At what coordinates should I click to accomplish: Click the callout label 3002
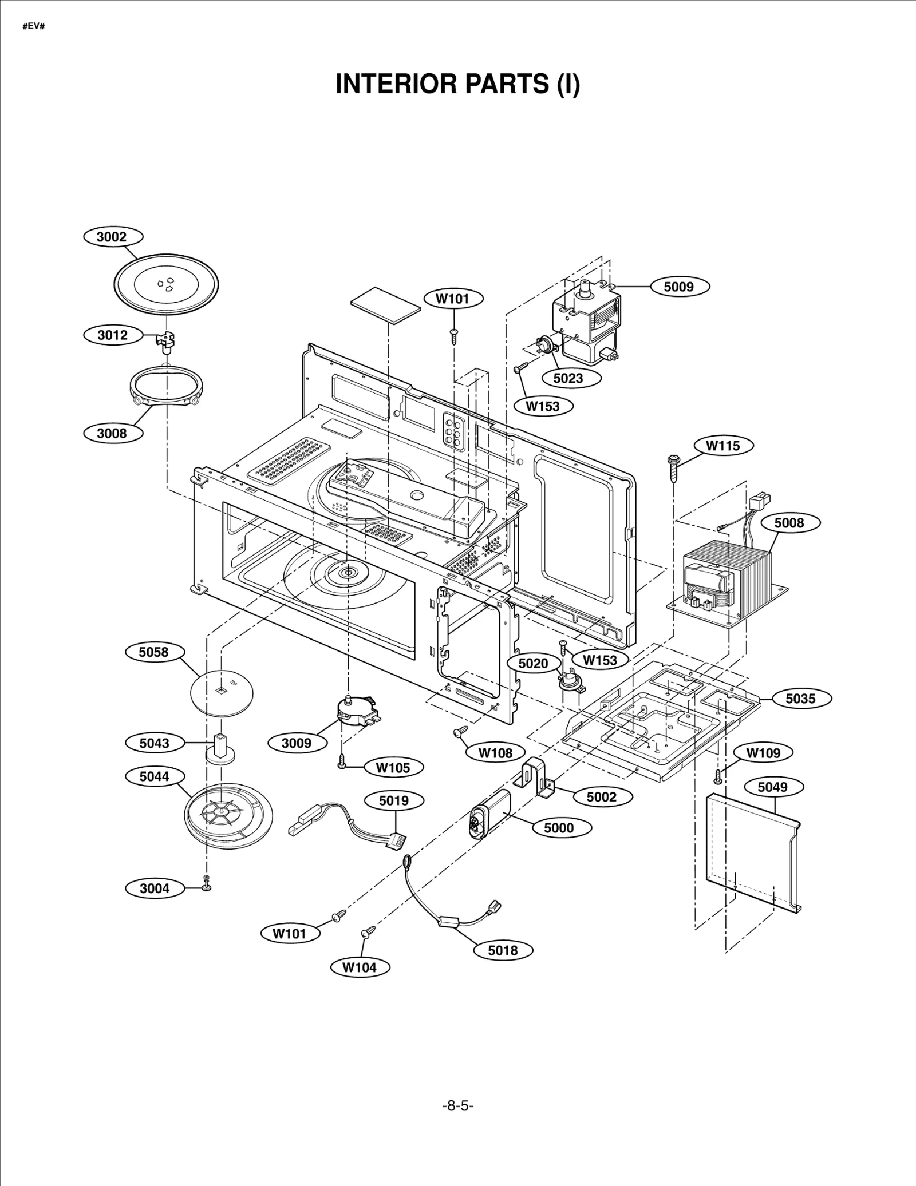click(112, 237)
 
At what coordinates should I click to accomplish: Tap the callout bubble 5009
click(678, 287)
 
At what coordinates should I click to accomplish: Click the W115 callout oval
click(722, 446)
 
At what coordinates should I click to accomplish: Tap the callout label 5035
click(800, 699)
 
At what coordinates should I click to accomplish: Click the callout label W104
click(360, 967)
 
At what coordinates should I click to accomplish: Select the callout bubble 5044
click(154, 776)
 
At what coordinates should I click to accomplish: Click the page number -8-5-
click(457, 1106)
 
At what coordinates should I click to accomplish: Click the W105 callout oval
click(393, 768)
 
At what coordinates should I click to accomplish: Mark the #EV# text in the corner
click(34, 27)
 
